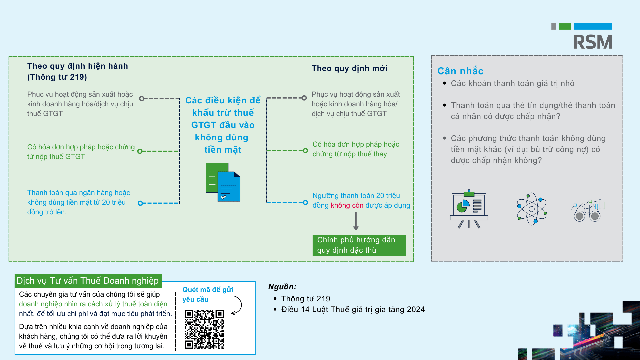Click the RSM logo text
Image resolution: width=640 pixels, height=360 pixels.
click(593, 42)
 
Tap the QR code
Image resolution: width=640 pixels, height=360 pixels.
click(204, 329)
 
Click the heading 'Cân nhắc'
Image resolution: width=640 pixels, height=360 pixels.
click(460, 71)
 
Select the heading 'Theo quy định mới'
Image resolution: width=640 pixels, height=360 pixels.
click(350, 68)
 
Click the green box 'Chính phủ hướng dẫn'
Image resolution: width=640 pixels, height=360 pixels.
click(359, 245)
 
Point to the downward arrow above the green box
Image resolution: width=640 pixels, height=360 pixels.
click(356, 221)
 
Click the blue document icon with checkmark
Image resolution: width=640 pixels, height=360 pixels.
click(229, 187)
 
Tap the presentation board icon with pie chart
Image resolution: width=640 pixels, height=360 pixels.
click(469, 209)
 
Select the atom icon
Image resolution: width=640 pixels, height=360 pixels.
click(532, 209)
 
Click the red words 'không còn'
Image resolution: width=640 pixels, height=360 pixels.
click(347, 205)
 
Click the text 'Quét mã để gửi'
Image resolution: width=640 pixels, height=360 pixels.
click(208, 290)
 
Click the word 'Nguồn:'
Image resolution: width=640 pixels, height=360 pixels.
click(282, 287)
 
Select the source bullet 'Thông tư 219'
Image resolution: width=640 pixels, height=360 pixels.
click(306, 299)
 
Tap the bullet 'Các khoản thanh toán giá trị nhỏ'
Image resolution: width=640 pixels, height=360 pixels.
click(513, 83)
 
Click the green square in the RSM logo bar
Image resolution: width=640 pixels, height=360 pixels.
click(565, 27)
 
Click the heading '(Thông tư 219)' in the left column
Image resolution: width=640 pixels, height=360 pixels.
click(57, 77)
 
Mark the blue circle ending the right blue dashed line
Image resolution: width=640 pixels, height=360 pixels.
click(305, 202)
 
